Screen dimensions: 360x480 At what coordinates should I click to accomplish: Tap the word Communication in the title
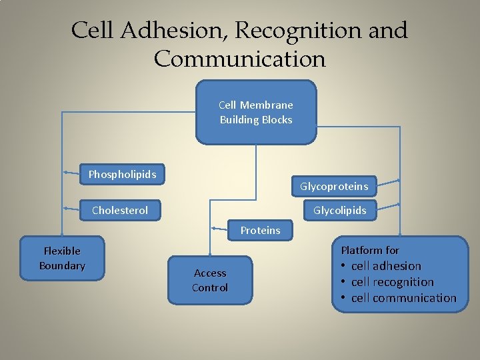(239, 59)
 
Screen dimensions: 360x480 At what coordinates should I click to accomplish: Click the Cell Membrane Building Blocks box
(256, 112)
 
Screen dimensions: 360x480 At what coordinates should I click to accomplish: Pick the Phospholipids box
(123, 175)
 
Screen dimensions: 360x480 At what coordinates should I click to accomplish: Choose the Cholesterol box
(120, 211)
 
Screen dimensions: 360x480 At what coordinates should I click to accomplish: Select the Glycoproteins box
(333, 186)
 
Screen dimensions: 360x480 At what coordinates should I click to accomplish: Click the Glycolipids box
(339, 211)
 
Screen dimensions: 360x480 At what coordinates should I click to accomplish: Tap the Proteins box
(260, 230)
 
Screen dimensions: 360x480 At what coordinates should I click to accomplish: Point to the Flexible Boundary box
(62, 258)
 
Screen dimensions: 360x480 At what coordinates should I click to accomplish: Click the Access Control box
(210, 280)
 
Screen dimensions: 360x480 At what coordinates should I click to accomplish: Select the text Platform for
(370, 251)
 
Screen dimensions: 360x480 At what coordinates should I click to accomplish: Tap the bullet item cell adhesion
(386, 266)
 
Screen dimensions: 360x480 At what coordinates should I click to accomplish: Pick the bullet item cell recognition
(392, 282)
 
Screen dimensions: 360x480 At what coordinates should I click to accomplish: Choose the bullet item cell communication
(403, 298)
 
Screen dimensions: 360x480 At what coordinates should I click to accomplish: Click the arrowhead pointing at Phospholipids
(67, 173)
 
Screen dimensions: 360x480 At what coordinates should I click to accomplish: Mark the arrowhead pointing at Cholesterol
(67, 209)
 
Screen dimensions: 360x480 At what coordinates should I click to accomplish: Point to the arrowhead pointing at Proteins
(213, 227)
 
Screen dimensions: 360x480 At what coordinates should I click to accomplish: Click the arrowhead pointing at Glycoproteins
(398, 181)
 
